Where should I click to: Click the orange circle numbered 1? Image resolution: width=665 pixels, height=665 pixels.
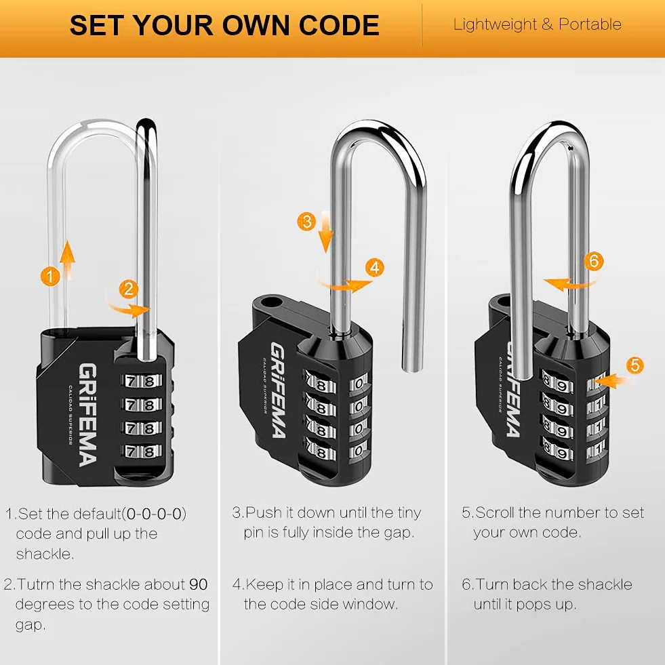[x=50, y=277]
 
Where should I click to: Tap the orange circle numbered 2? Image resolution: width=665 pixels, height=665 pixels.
[x=128, y=289]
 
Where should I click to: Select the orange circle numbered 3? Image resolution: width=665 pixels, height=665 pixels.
[x=306, y=222]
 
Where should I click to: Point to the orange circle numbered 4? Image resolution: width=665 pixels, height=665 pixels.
[x=374, y=268]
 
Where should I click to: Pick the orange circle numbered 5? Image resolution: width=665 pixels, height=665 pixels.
[x=634, y=365]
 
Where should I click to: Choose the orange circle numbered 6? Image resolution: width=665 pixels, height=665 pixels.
[x=593, y=260]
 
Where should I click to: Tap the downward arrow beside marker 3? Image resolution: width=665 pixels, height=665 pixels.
[x=325, y=231]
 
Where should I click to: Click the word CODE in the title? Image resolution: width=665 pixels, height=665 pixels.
[x=339, y=25]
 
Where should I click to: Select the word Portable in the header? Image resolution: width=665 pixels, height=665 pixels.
[x=590, y=24]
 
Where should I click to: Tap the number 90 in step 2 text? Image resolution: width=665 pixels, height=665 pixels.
[x=198, y=584]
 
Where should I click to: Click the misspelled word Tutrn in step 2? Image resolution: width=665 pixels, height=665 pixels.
[x=36, y=584]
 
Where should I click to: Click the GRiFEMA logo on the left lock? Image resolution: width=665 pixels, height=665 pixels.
[x=87, y=415]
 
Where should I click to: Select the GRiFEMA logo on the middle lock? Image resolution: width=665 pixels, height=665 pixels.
[x=278, y=390]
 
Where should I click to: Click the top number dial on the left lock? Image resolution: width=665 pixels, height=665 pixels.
[x=142, y=381]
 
